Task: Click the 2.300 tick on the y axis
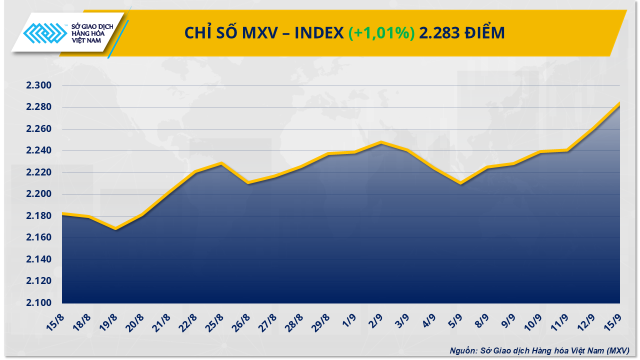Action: (x=39, y=86)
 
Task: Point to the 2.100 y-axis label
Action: (x=39, y=303)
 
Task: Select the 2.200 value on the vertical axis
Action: (x=39, y=194)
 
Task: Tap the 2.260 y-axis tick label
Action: (x=39, y=129)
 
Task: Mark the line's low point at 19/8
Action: (x=115, y=229)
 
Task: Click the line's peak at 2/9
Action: (x=381, y=142)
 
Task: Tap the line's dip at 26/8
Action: (x=248, y=183)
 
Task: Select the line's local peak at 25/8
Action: (x=221, y=163)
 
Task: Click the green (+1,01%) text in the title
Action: (x=381, y=33)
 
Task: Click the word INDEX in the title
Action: (x=318, y=33)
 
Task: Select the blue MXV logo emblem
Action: (x=46, y=35)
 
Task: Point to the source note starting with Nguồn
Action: (x=538, y=351)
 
